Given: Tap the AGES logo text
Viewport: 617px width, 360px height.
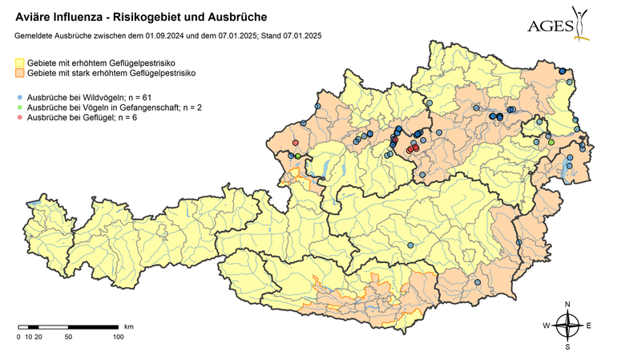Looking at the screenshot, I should [550, 26].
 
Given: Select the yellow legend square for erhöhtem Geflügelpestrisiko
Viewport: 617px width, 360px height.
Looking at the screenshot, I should [20, 63].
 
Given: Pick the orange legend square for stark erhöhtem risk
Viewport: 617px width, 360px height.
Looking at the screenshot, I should [20, 74].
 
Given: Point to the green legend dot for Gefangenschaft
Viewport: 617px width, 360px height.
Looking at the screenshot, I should [19, 107].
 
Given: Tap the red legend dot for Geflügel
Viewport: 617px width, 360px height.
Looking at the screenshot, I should [19, 118].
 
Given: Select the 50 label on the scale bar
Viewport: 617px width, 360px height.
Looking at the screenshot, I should [68, 337].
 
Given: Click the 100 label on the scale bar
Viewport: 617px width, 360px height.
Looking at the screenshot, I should [118, 337].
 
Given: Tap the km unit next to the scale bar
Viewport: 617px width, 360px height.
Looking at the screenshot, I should [129, 326].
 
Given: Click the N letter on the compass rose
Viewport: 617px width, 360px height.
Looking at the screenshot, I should [567, 304].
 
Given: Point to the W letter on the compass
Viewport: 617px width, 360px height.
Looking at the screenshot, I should [546, 326].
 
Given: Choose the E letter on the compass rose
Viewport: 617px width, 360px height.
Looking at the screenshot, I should [589, 326].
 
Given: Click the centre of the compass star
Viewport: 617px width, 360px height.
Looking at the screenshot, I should [567, 326].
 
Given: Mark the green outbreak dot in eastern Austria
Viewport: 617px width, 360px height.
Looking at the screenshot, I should [550, 142].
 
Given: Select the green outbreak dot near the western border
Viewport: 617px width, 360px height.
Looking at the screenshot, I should [298, 156].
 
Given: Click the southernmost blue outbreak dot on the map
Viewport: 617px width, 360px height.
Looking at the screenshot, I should [476, 282].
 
